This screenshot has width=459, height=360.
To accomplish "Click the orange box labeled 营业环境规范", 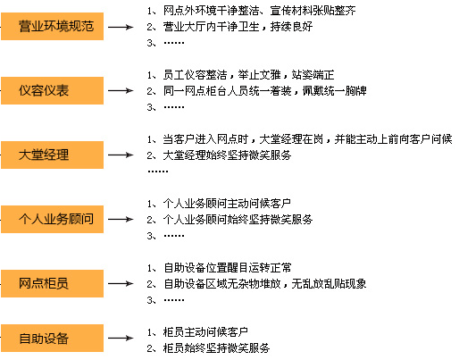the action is coord(52,26).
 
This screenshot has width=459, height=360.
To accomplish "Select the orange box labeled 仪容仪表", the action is coord(52,90).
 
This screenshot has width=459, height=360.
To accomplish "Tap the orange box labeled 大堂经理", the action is coord(52,155).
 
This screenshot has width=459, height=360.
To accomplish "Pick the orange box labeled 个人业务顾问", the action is coord(52,219).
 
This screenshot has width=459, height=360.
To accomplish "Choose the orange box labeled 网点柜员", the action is coord(52,283).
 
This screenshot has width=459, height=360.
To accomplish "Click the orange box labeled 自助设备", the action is coord(52,338).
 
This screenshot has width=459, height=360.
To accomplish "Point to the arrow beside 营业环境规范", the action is coord(121,27).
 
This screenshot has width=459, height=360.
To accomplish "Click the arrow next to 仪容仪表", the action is coord(121,90).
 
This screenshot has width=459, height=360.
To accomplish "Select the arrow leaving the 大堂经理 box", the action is coord(121,155).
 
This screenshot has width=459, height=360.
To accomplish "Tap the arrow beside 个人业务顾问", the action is coord(121,220).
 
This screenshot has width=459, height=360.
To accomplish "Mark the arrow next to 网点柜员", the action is coord(121,283).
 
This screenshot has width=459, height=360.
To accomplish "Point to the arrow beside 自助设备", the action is coord(121,338).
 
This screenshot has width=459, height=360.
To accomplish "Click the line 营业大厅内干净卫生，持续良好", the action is coord(238,27).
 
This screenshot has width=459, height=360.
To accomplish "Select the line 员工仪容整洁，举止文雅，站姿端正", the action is coord(248,75).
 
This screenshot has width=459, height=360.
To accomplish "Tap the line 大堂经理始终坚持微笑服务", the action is coord(227,155).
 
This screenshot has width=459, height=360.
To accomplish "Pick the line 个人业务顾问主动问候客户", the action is coord(227,204).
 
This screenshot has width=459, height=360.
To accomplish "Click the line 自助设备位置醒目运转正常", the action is coord(228,268).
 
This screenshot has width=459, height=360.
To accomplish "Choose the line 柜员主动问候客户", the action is coord(205,332).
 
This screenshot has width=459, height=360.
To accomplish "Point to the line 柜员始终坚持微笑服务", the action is coord(216,348).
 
